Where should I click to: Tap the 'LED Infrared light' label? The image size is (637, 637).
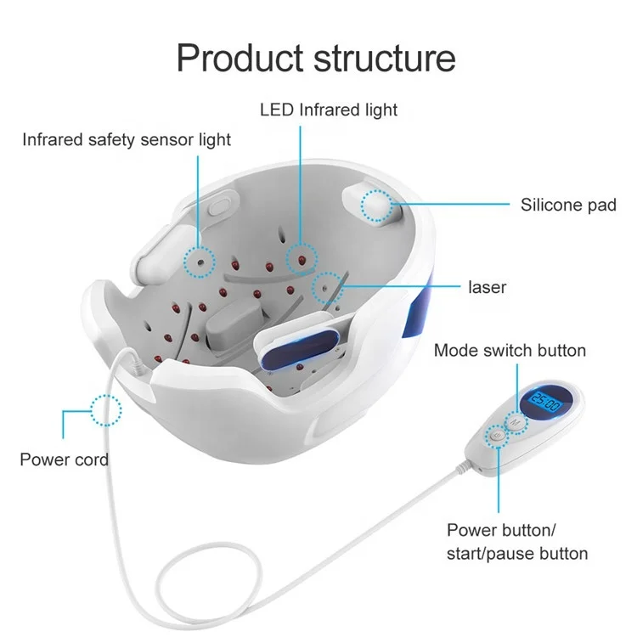[x=328, y=110]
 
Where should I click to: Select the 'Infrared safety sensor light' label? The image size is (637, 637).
[x=127, y=139]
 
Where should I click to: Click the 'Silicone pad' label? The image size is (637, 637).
[x=568, y=205]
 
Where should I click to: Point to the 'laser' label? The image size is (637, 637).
[x=487, y=287]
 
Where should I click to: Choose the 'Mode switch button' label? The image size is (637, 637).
[x=510, y=350]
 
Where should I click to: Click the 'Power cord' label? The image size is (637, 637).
[x=64, y=459]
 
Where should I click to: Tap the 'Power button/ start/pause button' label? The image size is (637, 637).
[x=517, y=542]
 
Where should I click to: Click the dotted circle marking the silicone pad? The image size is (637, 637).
[x=376, y=206]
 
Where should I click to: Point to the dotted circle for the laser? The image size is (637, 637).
[x=327, y=289]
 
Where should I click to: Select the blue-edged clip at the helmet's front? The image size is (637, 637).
[x=298, y=351]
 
